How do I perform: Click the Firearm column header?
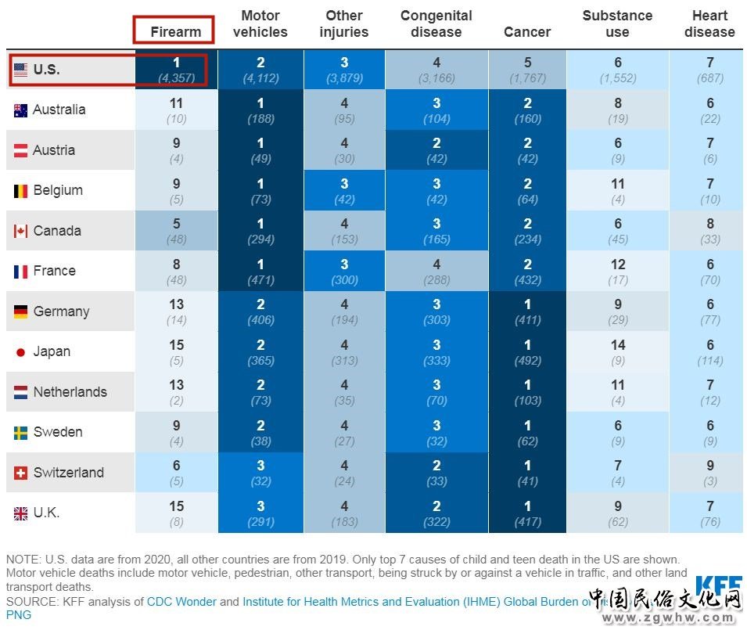point(175,32)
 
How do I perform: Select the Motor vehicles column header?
point(260,24)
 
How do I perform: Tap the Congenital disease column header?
point(436,24)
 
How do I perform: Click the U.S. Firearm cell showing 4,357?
point(176,70)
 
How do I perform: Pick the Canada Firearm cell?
point(176,231)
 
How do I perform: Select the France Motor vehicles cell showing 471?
point(260,271)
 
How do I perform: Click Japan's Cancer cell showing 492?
point(527,351)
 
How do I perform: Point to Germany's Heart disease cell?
point(709,311)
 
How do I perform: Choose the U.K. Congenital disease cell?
point(436,513)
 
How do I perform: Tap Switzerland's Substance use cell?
point(617,473)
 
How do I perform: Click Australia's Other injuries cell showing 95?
point(344,110)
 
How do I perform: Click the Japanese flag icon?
point(21,352)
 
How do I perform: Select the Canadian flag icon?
point(21,231)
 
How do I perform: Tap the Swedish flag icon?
point(21,433)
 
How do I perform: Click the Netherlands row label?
point(70,392)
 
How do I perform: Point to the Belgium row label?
point(57,190)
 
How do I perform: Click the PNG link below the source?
point(18,615)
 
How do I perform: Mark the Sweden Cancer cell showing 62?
point(527,432)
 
